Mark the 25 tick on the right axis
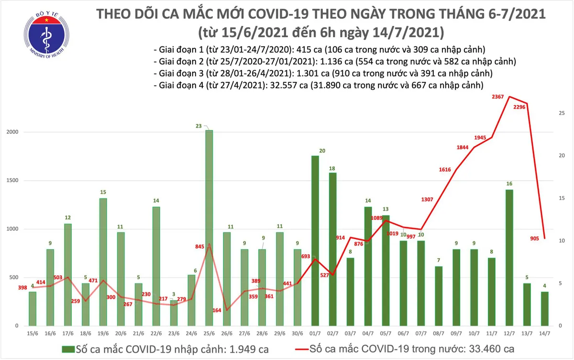click(x=563, y=113)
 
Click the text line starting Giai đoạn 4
click(x=318, y=85)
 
